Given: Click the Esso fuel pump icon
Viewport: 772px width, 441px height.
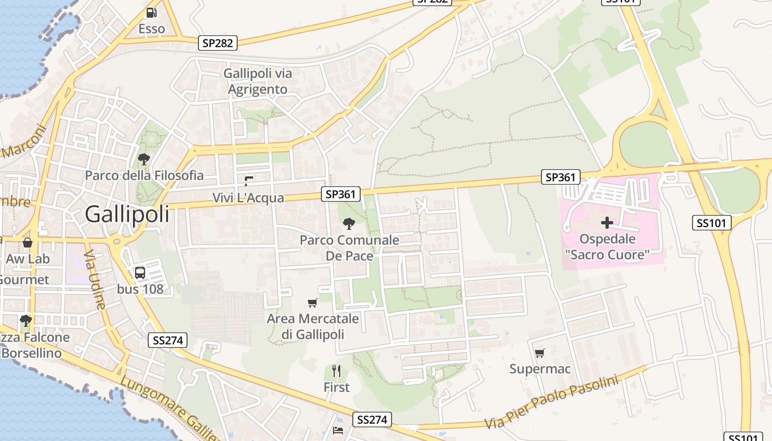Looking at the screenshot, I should pyautogui.click(x=151, y=12).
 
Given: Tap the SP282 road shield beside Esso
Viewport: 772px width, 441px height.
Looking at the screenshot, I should pyautogui.click(x=218, y=43).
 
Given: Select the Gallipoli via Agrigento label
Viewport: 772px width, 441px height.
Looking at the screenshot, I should pyautogui.click(x=258, y=81).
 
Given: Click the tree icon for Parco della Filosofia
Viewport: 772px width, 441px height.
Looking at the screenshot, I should pyautogui.click(x=144, y=159).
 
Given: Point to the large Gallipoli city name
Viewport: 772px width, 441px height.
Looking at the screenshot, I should pyautogui.click(x=127, y=214).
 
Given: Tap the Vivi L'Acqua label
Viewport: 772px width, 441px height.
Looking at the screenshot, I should pyautogui.click(x=248, y=197).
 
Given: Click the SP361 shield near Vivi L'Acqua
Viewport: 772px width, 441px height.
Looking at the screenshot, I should pyautogui.click(x=341, y=193).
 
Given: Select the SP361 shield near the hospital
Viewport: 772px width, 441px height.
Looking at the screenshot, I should pyautogui.click(x=561, y=177).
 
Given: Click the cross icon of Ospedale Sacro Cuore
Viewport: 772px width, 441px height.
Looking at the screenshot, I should pyautogui.click(x=607, y=223).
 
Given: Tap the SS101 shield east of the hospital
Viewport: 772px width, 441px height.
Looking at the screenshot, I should pyautogui.click(x=712, y=223).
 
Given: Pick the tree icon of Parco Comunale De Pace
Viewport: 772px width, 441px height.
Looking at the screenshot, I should pyautogui.click(x=349, y=223).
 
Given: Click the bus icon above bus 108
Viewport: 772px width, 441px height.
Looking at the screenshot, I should pyautogui.click(x=140, y=272).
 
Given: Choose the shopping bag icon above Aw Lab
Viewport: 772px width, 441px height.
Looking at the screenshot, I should pyautogui.click(x=27, y=242).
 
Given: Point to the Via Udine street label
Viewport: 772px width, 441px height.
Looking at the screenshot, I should pyautogui.click(x=94, y=278).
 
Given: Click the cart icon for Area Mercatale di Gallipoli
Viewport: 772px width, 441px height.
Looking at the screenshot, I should pyautogui.click(x=312, y=303).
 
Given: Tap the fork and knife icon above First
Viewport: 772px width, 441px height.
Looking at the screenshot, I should pyautogui.click(x=336, y=370).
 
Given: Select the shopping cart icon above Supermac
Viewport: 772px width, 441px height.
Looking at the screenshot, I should pyautogui.click(x=539, y=353).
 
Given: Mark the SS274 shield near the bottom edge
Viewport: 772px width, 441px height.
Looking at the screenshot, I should pyautogui.click(x=372, y=420).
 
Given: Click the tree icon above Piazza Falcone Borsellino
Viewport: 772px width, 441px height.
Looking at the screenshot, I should pyautogui.click(x=25, y=320).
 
